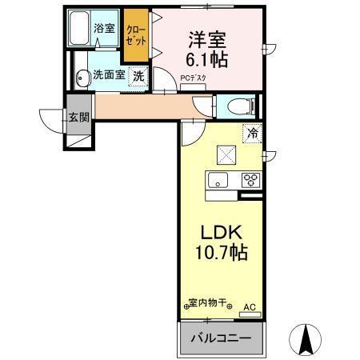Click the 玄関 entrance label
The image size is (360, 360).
tap(78, 116)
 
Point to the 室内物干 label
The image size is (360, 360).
tap(208, 304)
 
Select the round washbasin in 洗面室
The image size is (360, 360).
tap(82, 78)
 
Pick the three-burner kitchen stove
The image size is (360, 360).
tap(250, 179)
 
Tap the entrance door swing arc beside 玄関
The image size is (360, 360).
tap(51, 118)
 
